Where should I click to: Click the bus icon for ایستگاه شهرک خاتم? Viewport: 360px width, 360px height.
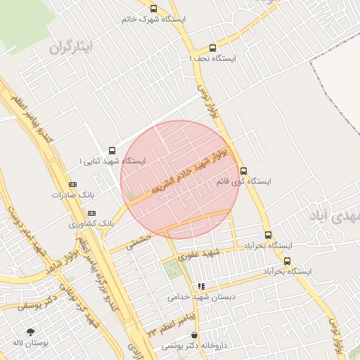(x=154, y=8)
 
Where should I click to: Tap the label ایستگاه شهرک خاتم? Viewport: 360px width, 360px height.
(x=153, y=20)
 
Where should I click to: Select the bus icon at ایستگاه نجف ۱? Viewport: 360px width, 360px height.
(x=212, y=48)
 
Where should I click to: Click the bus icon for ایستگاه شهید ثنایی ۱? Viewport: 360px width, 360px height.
(x=112, y=150)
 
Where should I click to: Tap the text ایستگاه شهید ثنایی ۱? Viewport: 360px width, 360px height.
(x=112, y=161)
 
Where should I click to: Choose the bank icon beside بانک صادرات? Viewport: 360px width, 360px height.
(x=72, y=183)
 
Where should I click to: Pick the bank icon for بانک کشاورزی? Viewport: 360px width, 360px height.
(x=91, y=212)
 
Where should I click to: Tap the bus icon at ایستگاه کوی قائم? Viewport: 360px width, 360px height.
(x=243, y=171)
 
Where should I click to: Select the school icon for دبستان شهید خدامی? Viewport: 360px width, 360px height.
(x=201, y=286)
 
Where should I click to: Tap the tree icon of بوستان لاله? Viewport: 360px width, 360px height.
(x=30, y=331)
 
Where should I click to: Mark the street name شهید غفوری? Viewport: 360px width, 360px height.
(x=200, y=254)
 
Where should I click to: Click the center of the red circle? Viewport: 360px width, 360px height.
(x=180, y=179)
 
